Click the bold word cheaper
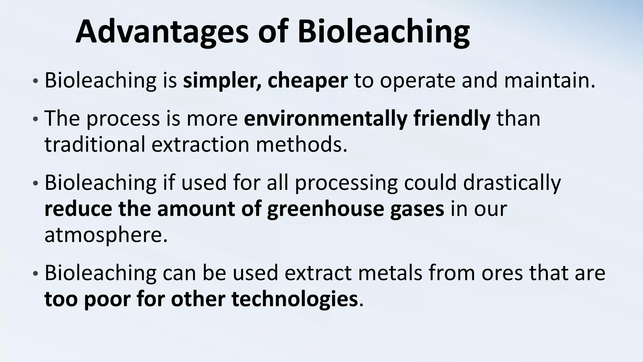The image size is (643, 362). (307, 80)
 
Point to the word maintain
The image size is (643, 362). (549, 80)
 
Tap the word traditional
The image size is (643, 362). (95, 145)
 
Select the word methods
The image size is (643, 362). (302, 145)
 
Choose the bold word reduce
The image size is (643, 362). (78, 209)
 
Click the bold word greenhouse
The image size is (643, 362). (325, 209)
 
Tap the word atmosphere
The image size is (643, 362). (106, 235)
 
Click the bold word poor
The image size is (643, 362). (107, 299)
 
